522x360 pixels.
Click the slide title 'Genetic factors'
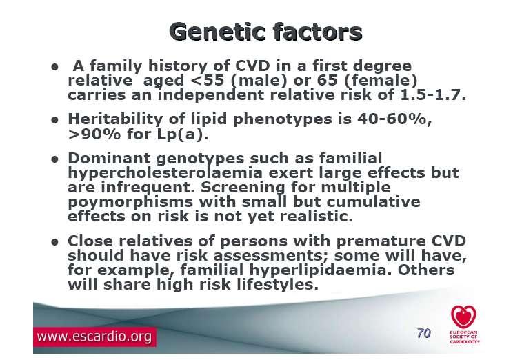tap(265, 32)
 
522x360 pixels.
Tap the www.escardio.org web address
tap(94, 337)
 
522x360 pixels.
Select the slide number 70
tap(424, 333)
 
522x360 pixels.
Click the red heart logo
tap(464, 317)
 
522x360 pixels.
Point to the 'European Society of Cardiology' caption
tap(464, 337)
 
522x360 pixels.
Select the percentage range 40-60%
tap(394, 119)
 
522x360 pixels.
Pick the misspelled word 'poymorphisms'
tap(130, 202)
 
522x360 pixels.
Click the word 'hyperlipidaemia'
tap(317, 270)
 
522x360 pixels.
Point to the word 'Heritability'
tap(115, 119)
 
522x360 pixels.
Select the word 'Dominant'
tap(109, 158)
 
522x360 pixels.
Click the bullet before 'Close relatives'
tap(55, 242)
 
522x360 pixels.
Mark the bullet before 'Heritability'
tap(55, 120)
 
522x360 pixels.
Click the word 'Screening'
tap(243, 188)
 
